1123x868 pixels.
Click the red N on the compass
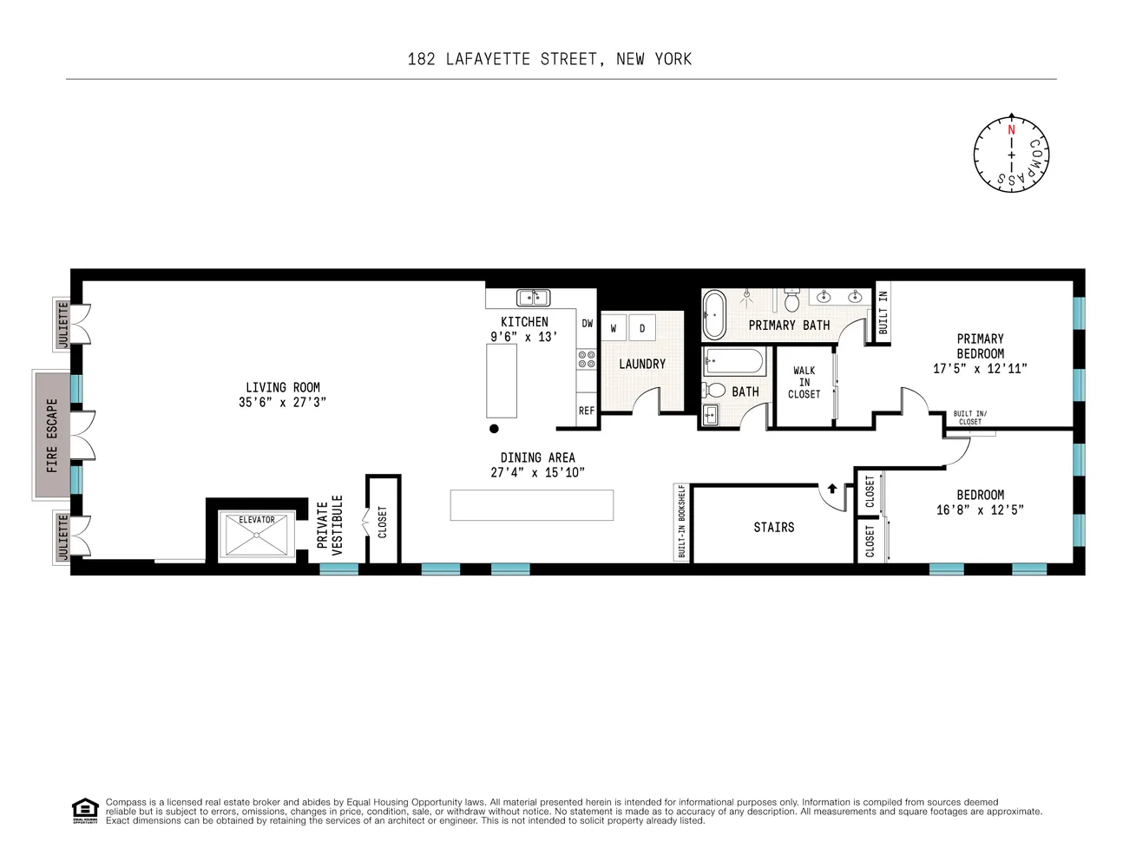(1011, 130)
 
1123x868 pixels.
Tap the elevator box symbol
(256, 534)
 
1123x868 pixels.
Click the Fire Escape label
(53, 435)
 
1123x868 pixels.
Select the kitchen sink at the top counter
(533, 298)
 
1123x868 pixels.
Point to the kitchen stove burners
(587, 358)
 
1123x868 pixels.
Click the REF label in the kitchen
(587, 411)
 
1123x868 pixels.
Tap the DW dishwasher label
(588, 324)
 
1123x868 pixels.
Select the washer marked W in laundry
(614, 328)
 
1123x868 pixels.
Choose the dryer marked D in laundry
(642, 328)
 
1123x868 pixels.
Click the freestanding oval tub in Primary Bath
(713, 314)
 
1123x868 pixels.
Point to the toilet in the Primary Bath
(791, 302)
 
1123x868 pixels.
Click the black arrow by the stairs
(831, 489)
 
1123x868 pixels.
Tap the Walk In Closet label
(804, 382)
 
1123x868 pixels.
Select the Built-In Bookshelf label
(682, 521)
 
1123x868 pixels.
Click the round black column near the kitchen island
(494, 428)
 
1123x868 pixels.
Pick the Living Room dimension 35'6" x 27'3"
(282, 402)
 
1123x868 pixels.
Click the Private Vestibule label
(329, 524)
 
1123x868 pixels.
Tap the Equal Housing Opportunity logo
(84, 810)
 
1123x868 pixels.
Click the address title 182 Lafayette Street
(549, 59)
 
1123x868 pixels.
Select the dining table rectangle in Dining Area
(531, 505)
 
